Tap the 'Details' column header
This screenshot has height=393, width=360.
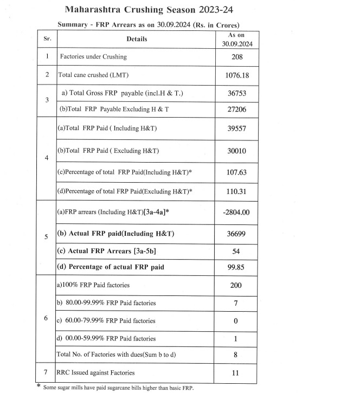click(x=137, y=39)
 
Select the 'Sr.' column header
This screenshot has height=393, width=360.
click(x=47, y=39)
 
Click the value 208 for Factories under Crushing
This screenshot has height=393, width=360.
click(x=235, y=56)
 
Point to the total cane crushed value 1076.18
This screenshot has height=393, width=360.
click(x=235, y=75)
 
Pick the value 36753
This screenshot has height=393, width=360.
click(x=235, y=93)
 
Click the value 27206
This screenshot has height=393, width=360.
click(x=235, y=109)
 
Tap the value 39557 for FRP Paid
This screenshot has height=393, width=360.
click(x=235, y=128)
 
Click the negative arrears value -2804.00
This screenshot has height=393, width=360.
click(x=236, y=212)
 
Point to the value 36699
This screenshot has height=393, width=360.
click(x=235, y=235)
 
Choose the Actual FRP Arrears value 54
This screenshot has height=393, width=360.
click(x=235, y=252)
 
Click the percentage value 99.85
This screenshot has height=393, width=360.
click(x=235, y=267)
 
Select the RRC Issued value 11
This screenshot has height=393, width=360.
click(x=235, y=373)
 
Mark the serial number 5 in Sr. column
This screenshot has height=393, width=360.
click(x=47, y=236)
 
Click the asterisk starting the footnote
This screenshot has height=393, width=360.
click(x=38, y=386)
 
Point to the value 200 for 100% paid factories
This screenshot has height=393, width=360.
click(x=235, y=285)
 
